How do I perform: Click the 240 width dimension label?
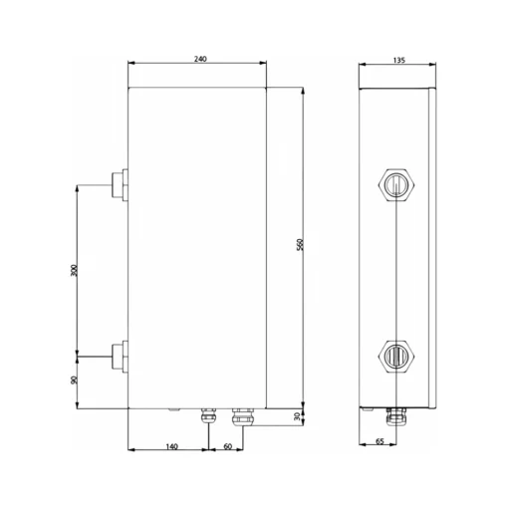coord(200,59)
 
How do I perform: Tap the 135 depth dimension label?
coord(399,60)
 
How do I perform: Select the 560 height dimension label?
coord(300,244)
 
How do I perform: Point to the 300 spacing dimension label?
coord(74,270)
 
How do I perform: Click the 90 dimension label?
coord(74,380)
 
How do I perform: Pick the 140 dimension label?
coord(171,446)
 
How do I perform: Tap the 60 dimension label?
coord(228,446)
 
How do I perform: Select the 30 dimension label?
coord(298,416)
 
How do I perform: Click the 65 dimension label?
coord(380,441)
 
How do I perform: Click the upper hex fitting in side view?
coord(396,185)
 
